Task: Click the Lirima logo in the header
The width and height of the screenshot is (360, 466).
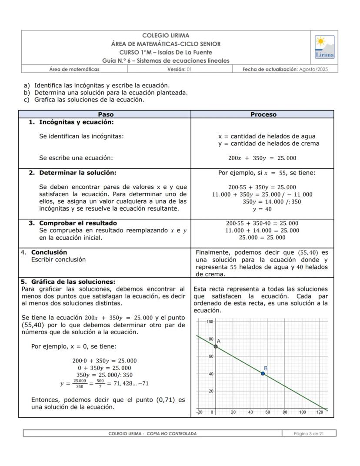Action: click(324, 47)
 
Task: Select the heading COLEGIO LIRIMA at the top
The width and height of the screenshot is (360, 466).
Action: click(166, 36)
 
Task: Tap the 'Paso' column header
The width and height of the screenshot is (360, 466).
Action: click(104, 114)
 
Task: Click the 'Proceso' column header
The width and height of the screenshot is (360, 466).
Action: click(263, 114)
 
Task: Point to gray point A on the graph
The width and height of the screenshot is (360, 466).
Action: click(216, 346)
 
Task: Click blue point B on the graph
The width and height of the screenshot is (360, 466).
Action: click(263, 373)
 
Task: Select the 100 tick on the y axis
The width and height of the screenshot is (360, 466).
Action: click(209, 322)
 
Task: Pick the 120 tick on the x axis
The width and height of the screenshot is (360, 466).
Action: click(320, 412)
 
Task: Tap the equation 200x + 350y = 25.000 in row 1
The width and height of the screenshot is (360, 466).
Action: click(262, 158)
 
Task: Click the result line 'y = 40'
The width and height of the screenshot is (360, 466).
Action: click(262, 209)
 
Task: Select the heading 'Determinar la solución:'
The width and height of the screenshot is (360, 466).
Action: click(78, 173)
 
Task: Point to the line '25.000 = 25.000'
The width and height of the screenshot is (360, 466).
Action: click(262, 238)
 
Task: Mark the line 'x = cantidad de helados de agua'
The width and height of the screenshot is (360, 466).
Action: click(267, 136)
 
